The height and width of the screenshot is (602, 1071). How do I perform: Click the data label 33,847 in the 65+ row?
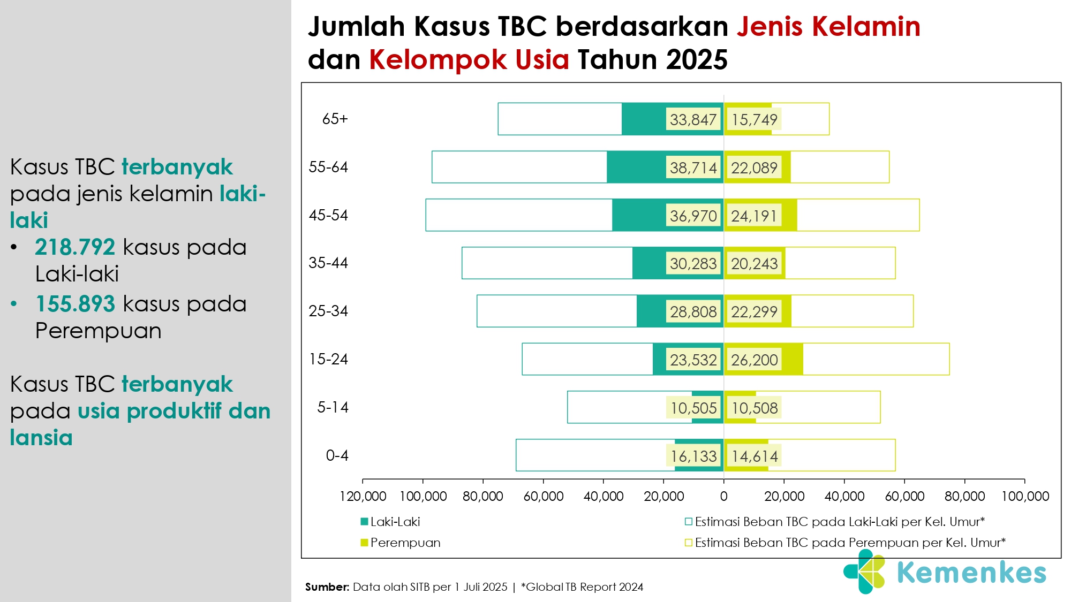693,119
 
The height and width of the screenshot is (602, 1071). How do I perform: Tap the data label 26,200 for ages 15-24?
754,360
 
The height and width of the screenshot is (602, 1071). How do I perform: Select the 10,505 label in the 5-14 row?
693,408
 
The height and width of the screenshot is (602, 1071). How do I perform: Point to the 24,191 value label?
754,216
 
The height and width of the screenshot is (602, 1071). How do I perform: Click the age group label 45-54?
328,215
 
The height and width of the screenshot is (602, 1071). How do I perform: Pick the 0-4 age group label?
337,455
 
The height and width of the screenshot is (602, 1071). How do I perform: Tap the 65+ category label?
335,119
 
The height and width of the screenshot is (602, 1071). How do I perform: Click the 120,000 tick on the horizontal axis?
363,496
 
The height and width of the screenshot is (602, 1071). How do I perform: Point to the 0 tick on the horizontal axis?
723,496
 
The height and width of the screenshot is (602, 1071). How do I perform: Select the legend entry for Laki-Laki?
390,522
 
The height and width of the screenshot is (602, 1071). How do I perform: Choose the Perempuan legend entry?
401,543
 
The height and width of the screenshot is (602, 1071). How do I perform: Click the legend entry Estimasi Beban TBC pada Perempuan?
845,543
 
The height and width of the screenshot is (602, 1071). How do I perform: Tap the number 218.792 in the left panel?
75,247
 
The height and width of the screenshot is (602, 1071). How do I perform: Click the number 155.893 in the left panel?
75,304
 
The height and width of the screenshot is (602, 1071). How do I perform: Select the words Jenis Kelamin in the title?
828,27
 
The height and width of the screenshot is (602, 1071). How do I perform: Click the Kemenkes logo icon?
864,571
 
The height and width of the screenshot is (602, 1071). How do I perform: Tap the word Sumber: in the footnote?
327,587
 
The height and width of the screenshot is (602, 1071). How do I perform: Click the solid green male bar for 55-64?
665,167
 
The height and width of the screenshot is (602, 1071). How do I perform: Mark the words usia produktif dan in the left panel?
174,411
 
